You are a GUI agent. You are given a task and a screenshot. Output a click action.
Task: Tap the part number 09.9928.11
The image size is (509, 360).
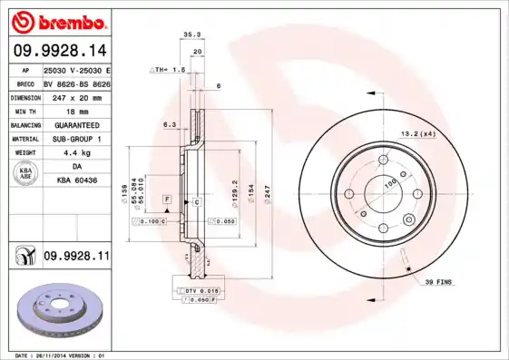click(x=76, y=258)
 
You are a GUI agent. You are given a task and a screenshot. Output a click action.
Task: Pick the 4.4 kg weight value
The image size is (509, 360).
click(x=76, y=152)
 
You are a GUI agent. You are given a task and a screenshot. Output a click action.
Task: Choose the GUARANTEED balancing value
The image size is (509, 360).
click(x=76, y=124)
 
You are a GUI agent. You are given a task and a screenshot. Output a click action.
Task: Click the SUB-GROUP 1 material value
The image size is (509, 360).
click(x=76, y=139)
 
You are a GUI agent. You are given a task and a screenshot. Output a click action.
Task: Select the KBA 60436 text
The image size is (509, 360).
click(x=76, y=181)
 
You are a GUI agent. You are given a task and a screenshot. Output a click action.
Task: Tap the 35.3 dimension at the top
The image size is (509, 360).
click(x=191, y=34)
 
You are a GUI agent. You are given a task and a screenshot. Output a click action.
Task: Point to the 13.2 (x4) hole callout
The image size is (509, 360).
click(x=418, y=133)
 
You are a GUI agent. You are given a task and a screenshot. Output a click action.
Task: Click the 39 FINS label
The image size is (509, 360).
click(x=440, y=283)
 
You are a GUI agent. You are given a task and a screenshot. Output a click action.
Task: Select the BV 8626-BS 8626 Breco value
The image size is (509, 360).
click(x=76, y=82)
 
